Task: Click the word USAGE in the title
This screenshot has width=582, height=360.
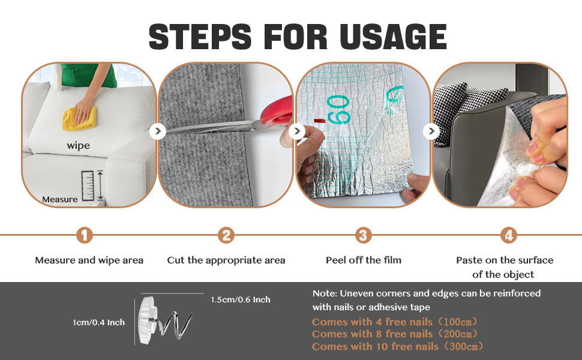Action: [x=393, y=37]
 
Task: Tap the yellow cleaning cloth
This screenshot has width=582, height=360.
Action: [x=79, y=119]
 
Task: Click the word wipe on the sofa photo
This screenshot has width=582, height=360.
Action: [x=79, y=145]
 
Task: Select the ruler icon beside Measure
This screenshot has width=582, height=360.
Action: [x=88, y=185]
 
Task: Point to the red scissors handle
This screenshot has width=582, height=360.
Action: [x=277, y=113]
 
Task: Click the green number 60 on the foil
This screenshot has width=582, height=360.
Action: [x=338, y=109]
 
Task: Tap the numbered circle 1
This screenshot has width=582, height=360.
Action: [x=84, y=235]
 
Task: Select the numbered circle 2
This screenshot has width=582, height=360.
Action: [x=226, y=235]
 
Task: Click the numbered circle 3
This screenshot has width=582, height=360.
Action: [x=364, y=235]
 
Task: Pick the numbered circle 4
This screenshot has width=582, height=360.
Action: [x=509, y=235]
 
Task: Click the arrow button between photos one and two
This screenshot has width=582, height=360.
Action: [x=158, y=131]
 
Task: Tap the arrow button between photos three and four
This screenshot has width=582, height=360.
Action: [x=431, y=131]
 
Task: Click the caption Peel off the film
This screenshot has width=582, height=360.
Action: [x=364, y=260]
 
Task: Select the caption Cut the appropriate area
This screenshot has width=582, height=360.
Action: [x=226, y=260]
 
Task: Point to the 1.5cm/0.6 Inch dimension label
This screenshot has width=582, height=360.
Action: [x=241, y=299]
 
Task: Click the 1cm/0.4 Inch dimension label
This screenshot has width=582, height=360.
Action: [x=99, y=323]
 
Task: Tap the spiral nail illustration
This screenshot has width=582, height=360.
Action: [x=164, y=320]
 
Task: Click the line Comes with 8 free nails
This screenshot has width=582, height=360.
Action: [x=394, y=334]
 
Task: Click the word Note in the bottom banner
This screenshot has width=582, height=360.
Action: [x=324, y=293]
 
